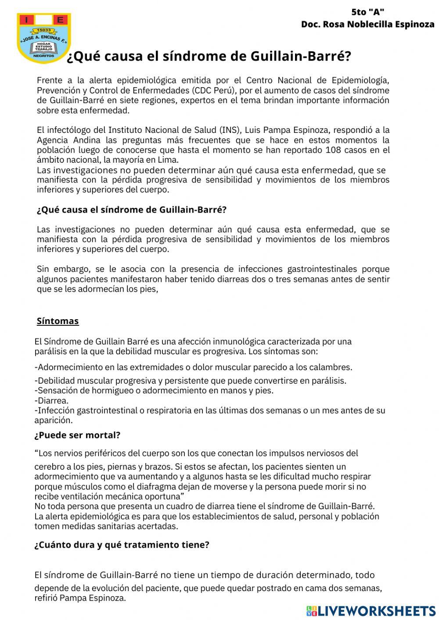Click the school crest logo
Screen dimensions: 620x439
coord(44,38)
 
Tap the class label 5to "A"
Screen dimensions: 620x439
coord(368,12)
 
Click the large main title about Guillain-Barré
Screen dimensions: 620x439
coord(209,57)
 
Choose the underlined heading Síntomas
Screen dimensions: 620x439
coord(58,321)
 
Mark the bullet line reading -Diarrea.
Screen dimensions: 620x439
coord(51,400)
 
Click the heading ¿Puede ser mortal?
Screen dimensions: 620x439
coord(77,435)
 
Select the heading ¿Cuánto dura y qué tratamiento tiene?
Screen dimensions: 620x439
coord(122,545)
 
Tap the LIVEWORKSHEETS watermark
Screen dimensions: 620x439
coord(371,611)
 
